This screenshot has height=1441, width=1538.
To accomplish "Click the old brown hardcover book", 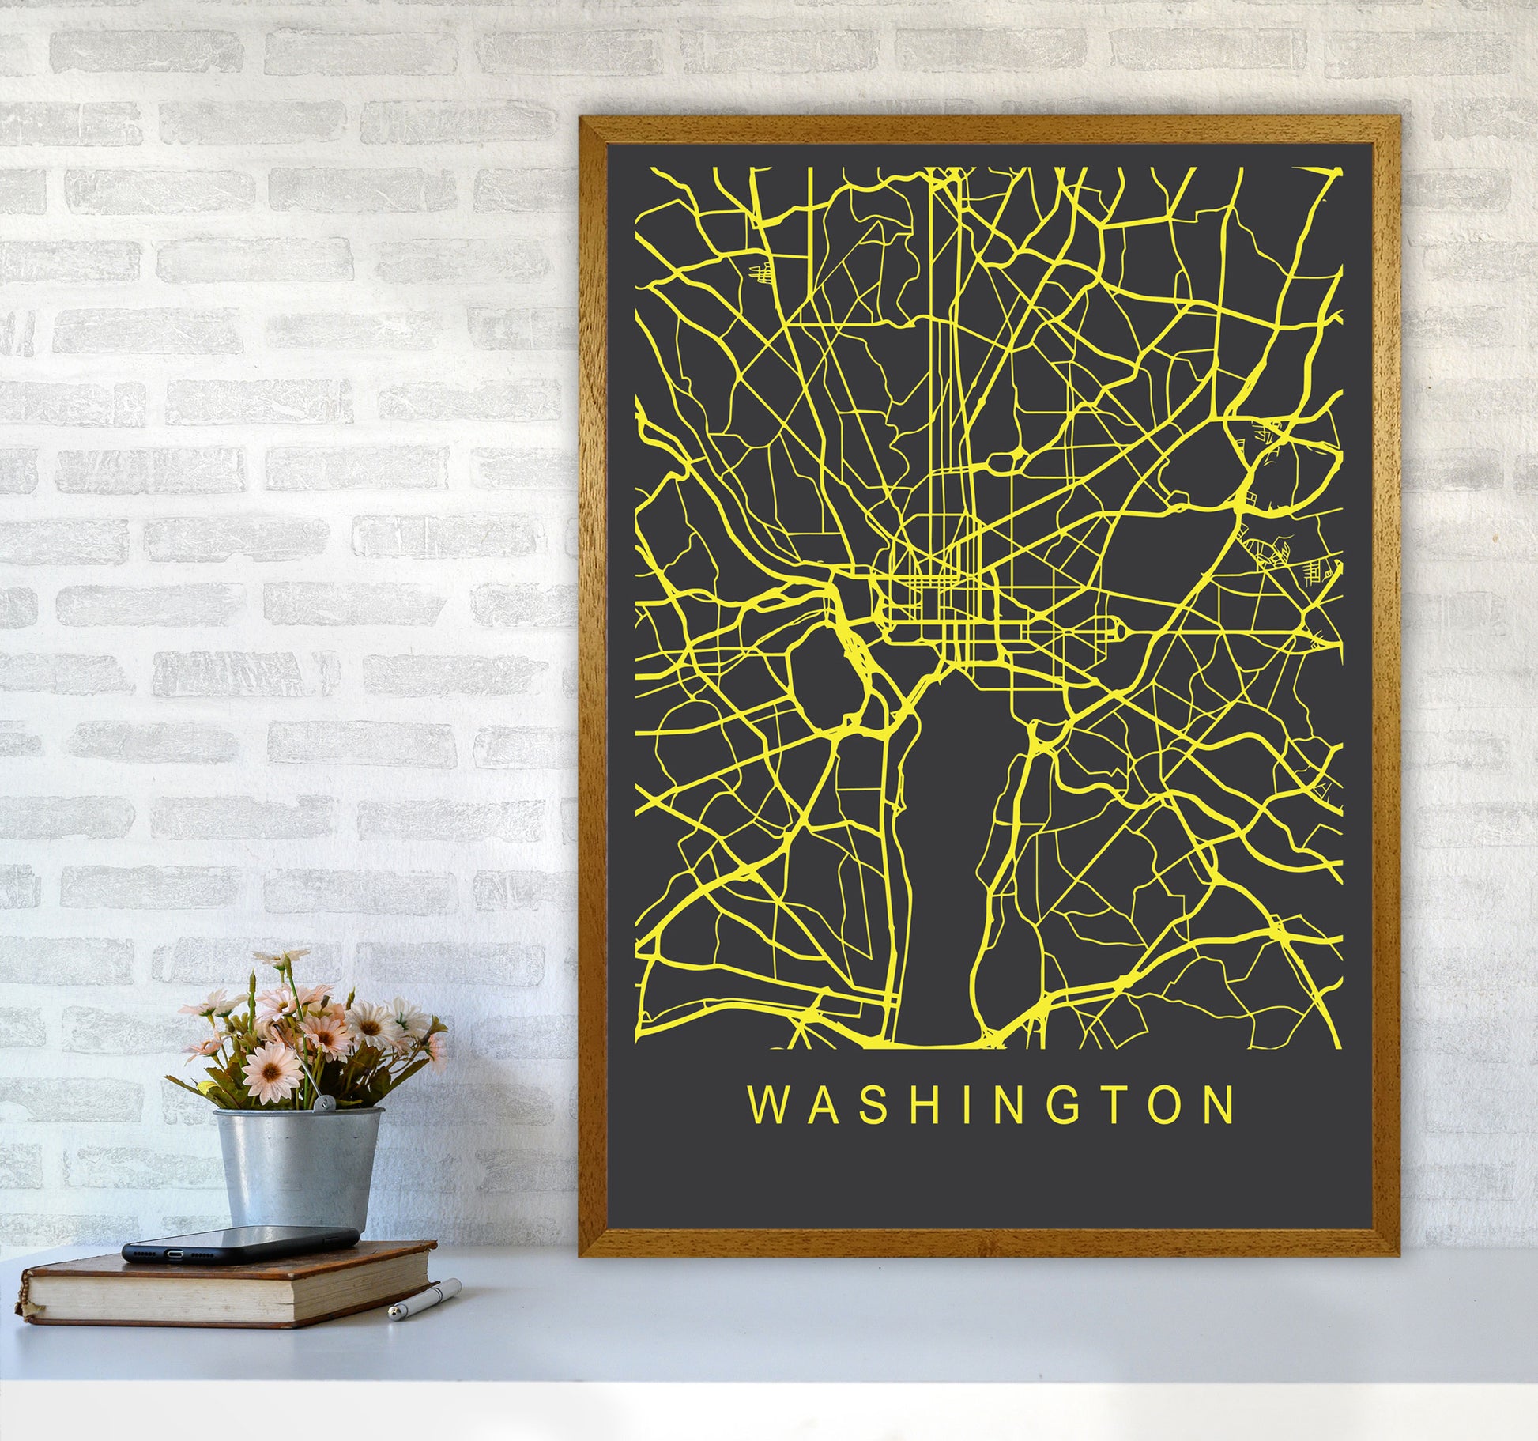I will coord(229,1284).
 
